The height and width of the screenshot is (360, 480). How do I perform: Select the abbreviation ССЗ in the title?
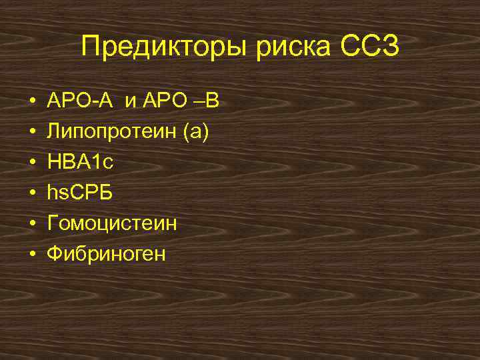click(369, 47)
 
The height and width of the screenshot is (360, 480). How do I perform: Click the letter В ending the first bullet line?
click(211, 101)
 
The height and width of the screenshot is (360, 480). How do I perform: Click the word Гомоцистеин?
click(111, 224)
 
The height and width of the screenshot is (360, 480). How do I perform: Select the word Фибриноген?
click(105, 255)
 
